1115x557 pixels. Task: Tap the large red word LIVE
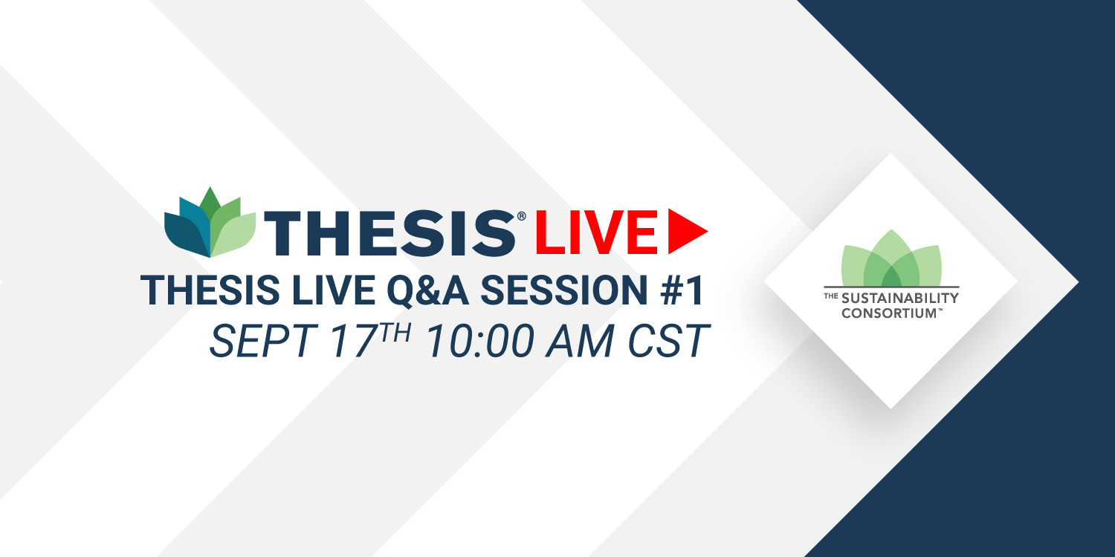click(x=596, y=232)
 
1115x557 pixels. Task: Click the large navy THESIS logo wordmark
click(x=390, y=233)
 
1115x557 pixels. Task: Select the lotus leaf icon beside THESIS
click(x=210, y=222)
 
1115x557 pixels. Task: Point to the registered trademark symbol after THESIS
click(x=521, y=216)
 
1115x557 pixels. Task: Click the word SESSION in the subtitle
click(x=564, y=290)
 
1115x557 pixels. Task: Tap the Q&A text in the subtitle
click(x=427, y=291)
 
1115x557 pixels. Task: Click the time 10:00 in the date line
click(x=480, y=341)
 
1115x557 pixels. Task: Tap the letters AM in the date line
click(x=580, y=341)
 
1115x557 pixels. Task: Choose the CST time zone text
click(x=668, y=341)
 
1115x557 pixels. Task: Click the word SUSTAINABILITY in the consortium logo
click(x=900, y=299)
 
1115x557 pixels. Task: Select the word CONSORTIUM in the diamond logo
click(x=889, y=313)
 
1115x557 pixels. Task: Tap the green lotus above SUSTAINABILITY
click(x=891, y=258)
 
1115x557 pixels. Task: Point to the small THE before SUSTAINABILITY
click(x=831, y=296)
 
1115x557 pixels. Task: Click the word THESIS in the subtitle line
click(x=210, y=290)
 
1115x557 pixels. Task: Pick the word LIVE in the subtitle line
click(x=333, y=290)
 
